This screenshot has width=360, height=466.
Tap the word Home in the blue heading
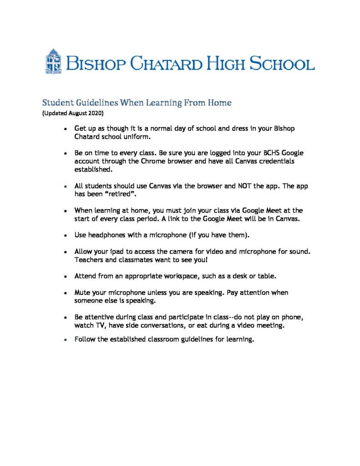pos(220,103)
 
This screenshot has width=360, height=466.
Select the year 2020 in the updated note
pos(96,112)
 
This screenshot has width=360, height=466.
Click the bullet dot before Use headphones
pos(66,236)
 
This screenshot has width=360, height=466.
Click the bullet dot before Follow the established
pos(66,340)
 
